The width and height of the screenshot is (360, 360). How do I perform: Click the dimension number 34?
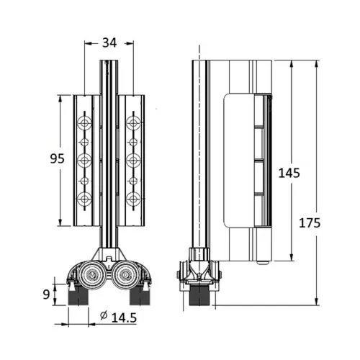[109, 42]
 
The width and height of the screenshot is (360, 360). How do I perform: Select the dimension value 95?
[46, 158]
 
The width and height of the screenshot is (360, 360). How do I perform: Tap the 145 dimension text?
[289, 173]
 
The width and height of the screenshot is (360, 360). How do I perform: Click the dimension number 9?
[46, 293]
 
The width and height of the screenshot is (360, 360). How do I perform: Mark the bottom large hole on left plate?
[84, 197]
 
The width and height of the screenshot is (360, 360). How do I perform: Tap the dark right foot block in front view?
[139, 295]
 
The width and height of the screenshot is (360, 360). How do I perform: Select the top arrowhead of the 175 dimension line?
[317, 62]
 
